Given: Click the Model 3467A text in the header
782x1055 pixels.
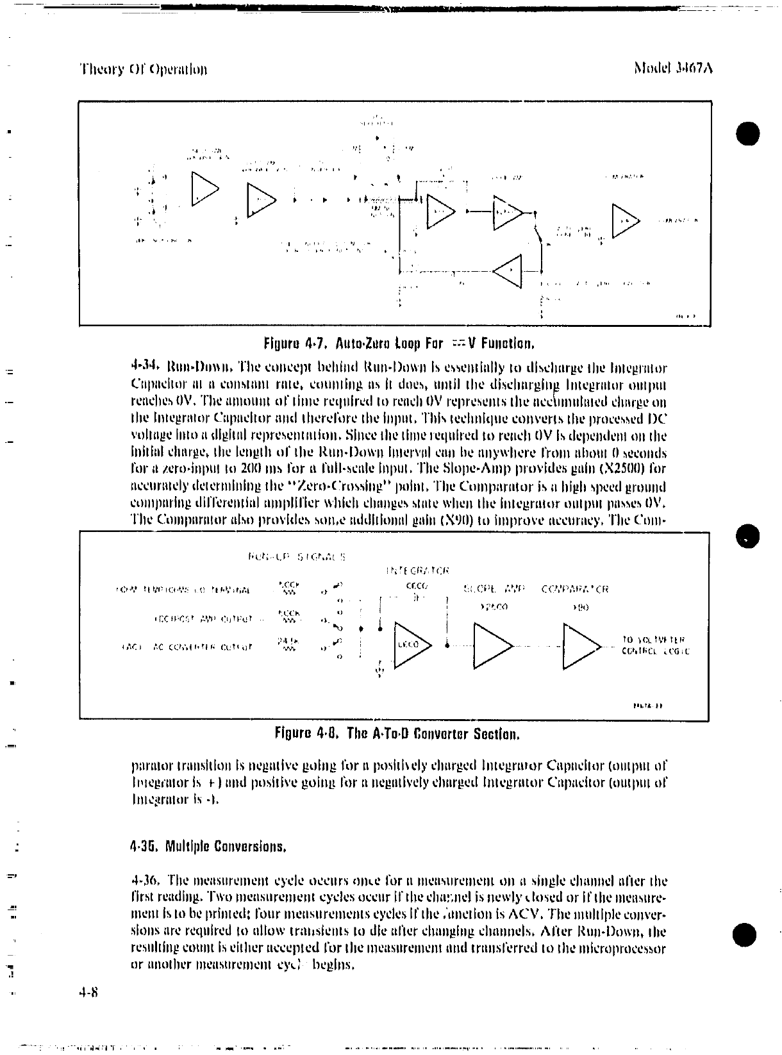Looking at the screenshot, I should pos(672,68).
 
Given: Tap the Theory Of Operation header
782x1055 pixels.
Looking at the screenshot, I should pos(143,69).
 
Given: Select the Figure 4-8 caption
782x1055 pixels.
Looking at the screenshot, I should pos(397,733).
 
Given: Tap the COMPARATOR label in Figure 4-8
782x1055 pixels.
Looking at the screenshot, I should pos(575,589).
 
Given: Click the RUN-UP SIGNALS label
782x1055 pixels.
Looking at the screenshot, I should pos(296,556).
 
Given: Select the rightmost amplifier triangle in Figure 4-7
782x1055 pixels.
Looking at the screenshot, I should pos(626,220).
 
